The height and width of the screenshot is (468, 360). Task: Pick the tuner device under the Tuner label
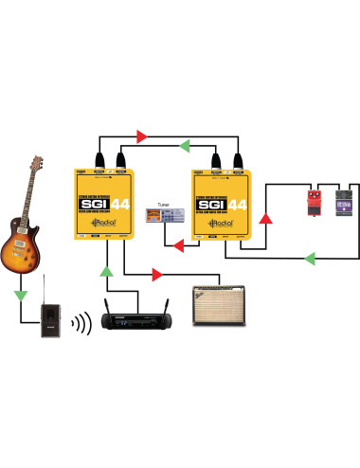tap(168, 217)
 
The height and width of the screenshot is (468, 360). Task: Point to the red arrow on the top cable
tap(142, 136)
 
